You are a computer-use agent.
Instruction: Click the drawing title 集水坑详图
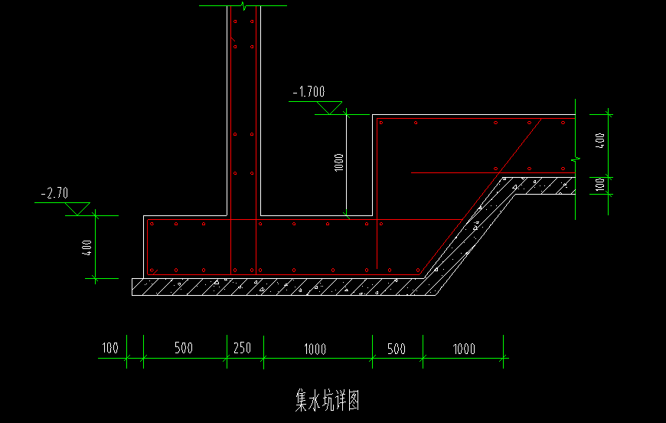point(327,399)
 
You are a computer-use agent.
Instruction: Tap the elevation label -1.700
point(309,92)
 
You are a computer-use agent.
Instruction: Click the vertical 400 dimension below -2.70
point(87,247)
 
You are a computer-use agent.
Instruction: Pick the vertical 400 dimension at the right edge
point(601,142)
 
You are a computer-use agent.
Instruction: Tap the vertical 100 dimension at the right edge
point(601,184)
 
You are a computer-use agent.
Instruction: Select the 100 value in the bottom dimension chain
point(109,349)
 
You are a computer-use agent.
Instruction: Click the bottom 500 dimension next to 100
point(184,349)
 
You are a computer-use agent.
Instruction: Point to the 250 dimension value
point(242,349)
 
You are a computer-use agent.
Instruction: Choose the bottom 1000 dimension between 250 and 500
point(315,349)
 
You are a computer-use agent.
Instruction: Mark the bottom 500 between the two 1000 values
point(397,349)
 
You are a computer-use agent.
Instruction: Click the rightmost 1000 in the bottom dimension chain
point(463,349)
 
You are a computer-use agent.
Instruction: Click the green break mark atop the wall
point(243,6)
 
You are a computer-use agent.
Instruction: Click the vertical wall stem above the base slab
point(244,115)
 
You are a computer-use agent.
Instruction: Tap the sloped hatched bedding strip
point(475,230)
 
